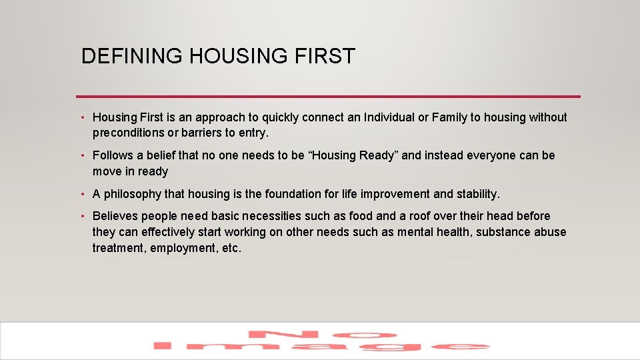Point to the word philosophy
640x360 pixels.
coord(133,194)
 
